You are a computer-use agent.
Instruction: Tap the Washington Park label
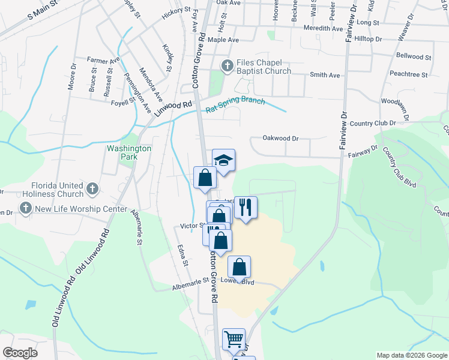tap(129, 152)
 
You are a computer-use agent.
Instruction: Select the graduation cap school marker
tap(223, 160)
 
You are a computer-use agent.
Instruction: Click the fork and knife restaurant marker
tap(246, 208)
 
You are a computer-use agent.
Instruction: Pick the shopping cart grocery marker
tap(234, 338)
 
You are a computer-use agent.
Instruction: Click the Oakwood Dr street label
tap(280, 138)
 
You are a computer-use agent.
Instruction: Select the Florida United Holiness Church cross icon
tap(92, 189)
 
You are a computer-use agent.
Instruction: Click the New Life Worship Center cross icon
tap(25, 208)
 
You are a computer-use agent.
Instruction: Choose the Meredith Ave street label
tap(324, 28)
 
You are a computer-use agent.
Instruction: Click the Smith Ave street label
tap(325, 75)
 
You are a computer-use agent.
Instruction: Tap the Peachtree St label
tap(408, 75)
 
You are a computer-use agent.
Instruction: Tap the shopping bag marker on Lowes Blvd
tap(239, 268)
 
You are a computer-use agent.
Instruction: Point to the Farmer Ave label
tap(103, 60)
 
